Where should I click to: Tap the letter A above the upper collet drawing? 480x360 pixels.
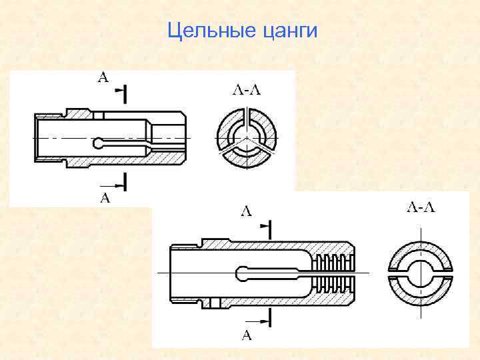tap(103, 77)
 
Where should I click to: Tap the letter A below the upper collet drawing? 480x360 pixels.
tap(104, 197)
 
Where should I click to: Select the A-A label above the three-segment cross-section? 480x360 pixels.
tap(246, 91)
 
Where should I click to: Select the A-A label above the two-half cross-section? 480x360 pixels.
tap(421, 208)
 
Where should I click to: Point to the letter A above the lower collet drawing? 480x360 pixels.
tap(246, 212)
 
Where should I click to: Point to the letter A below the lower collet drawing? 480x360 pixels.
tap(246, 335)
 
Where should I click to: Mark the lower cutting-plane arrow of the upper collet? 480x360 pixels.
tap(121, 183)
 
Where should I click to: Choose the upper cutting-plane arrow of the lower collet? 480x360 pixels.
tap(265, 227)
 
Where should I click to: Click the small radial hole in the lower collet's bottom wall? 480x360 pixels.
tap(214, 304)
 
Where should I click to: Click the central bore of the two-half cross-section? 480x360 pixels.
tap(421, 273)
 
